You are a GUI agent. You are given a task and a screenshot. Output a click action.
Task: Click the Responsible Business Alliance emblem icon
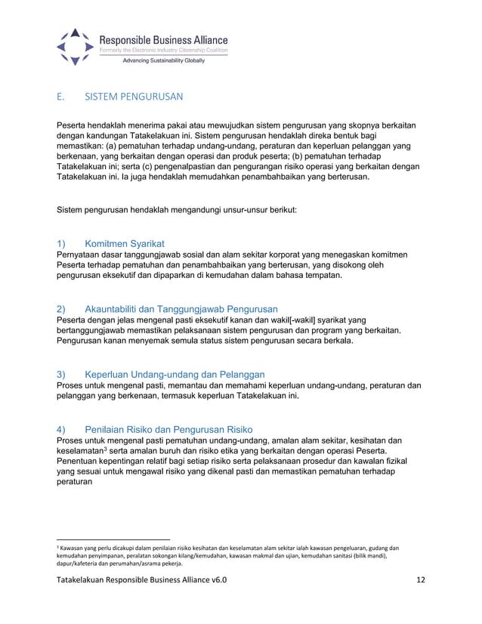[75, 46]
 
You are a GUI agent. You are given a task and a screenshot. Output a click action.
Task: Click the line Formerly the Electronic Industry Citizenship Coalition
[164, 50]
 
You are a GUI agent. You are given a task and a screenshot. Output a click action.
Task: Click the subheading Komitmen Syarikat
[125, 245]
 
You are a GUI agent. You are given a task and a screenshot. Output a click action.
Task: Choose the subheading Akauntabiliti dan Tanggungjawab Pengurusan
[181, 309]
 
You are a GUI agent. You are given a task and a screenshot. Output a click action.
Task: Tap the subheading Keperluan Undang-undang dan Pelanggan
[174, 374]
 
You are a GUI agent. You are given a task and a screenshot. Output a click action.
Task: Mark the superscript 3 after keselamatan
[107, 449]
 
